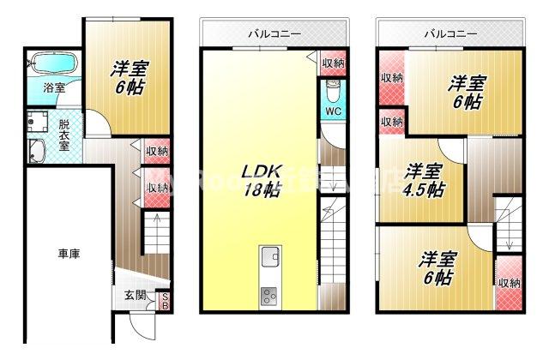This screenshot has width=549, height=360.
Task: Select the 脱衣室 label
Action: [x=64, y=135]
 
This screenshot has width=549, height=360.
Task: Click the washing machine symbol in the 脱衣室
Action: [x=38, y=123]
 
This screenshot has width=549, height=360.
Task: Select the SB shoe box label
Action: [x=165, y=301]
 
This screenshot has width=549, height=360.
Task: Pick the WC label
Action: [x=333, y=111]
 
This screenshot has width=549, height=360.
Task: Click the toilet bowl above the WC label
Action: [x=333, y=90]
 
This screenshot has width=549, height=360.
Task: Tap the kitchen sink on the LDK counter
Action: [x=268, y=255]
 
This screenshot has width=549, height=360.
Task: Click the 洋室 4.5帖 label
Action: [x=425, y=180]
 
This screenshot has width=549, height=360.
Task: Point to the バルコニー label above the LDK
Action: [x=274, y=34]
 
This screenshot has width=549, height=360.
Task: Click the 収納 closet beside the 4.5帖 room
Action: [x=391, y=122]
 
